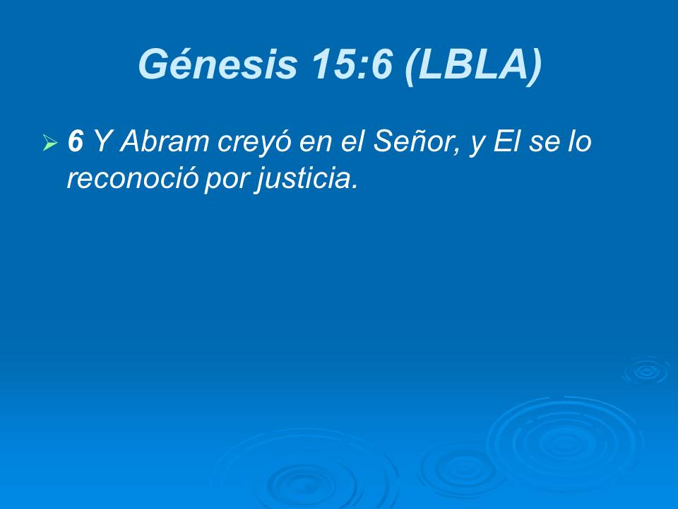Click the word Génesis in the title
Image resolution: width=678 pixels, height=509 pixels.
click(x=218, y=64)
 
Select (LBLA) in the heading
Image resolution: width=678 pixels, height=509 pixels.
click(x=473, y=65)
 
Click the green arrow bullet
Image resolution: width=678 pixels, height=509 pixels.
click(x=50, y=142)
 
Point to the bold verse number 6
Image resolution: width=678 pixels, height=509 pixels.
click(x=76, y=141)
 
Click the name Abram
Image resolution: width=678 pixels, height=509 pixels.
click(x=165, y=141)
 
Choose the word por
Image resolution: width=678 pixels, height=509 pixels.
click(x=227, y=181)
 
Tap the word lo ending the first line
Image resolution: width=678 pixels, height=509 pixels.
click(x=580, y=141)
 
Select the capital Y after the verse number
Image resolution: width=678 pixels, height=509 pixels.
click(x=102, y=141)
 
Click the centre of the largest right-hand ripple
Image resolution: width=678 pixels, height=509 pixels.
click(x=561, y=441)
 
